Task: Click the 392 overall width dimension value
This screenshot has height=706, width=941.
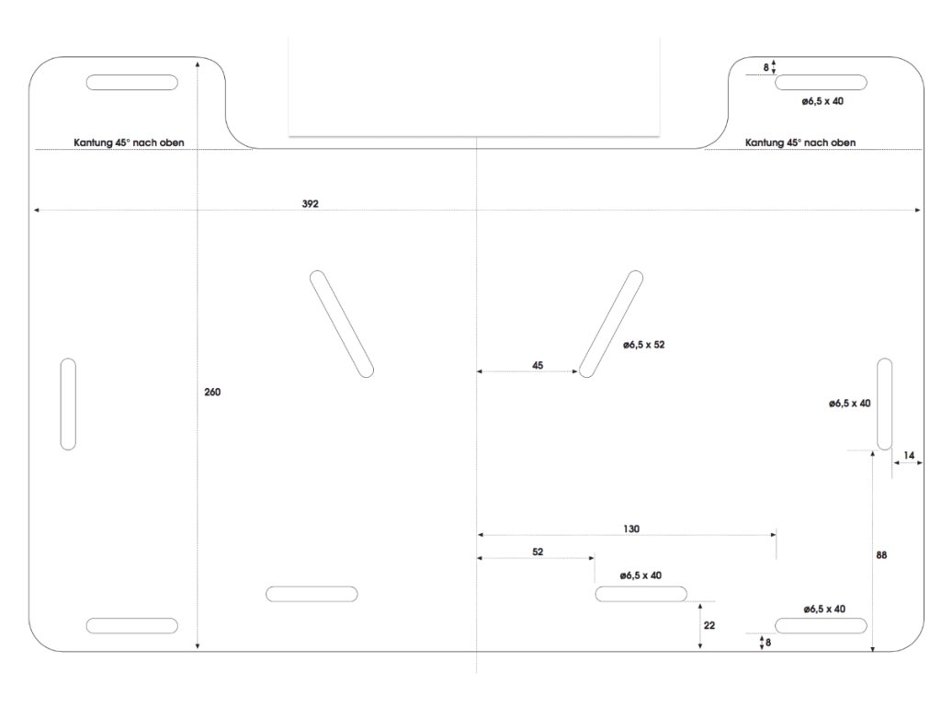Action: coord(310,203)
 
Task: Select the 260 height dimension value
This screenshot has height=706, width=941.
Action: coord(212,393)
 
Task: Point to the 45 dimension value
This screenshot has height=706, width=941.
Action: coord(538,365)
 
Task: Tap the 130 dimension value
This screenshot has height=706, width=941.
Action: coord(630,529)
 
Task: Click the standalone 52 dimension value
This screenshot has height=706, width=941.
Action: coord(538,552)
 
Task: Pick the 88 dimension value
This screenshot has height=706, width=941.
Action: coord(882,555)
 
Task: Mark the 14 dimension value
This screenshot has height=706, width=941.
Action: coord(909,455)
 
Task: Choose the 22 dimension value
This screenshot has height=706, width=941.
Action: coord(709,625)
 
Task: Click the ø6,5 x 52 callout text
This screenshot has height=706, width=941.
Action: coord(643,345)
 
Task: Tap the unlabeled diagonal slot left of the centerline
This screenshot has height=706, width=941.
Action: coord(342,324)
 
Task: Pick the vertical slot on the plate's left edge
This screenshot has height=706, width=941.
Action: coord(68,404)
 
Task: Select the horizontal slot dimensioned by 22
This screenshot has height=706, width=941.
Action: coord(641,594)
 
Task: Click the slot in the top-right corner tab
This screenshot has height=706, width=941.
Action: coord(821,83)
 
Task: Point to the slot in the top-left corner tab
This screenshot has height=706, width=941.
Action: coord(132,83)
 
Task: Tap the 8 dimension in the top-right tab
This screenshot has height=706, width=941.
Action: coord(766,66)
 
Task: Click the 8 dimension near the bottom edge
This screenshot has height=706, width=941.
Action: coord(768,643)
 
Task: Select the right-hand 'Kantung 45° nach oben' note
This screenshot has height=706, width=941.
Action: coord(800,142)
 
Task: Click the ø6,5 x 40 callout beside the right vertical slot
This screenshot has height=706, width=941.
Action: coord(849,403)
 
